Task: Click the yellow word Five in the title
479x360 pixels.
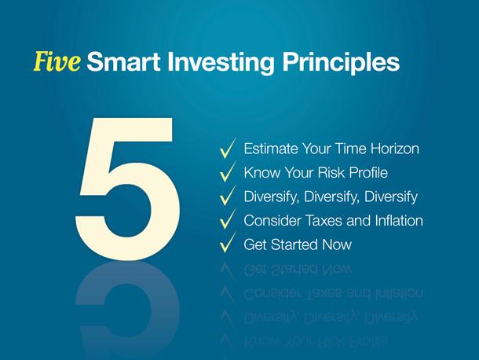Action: coord(57,61)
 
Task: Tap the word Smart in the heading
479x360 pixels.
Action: coord(124,62)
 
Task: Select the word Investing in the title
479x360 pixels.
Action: coord(221,63)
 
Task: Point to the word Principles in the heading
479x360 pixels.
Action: coord(341,63)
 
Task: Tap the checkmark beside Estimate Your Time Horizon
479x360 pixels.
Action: coord(228,149)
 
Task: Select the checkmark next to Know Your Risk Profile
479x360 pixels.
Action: coord(228,172)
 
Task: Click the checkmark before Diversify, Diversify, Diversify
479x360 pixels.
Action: coord(228,196)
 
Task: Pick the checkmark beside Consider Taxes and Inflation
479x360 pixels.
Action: coord(228,219)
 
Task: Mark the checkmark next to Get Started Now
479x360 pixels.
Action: coord(228,243)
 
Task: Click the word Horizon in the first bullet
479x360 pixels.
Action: coord(395,149)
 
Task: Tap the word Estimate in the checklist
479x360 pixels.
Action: coord(271,149)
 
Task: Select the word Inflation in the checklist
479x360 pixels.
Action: coord(399,220)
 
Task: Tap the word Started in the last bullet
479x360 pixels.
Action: coord(294,244)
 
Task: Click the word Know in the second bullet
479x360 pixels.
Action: coord(262,172)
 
